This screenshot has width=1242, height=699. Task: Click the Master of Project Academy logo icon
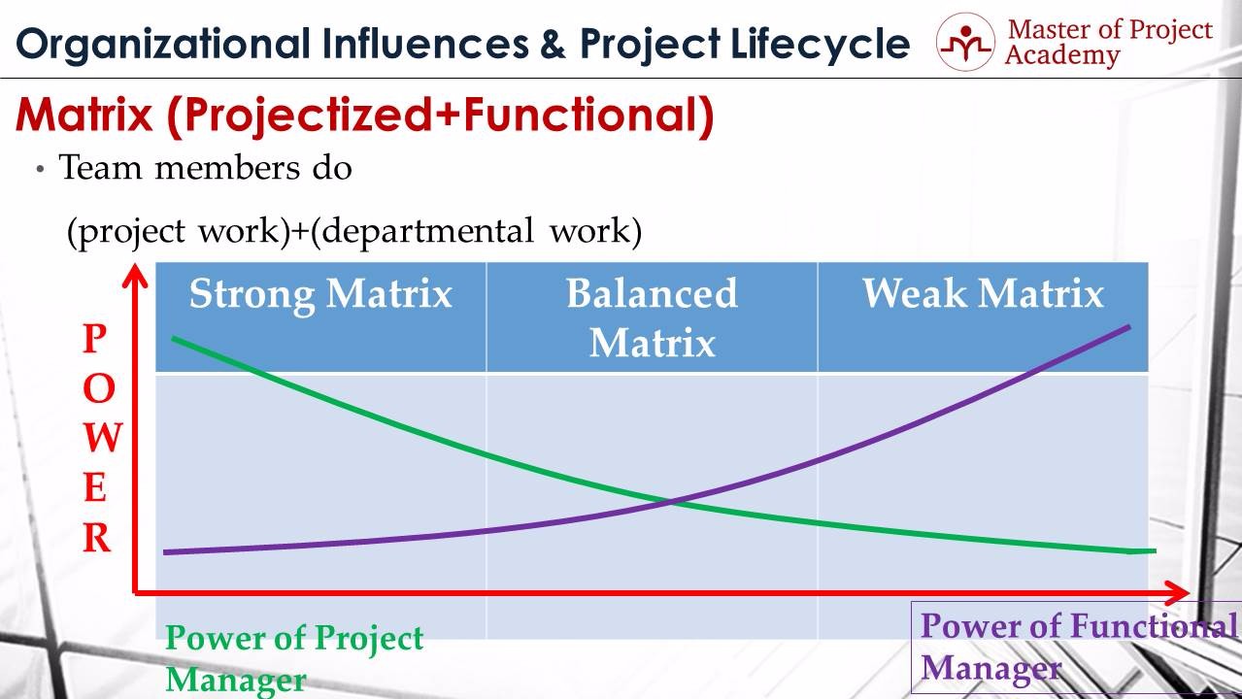(965, 42)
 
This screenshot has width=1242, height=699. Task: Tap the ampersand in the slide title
(552, 44)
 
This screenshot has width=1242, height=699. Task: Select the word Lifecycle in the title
(820, 46)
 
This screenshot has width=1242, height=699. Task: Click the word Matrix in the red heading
(84, 115)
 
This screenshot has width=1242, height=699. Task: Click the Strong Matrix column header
(320, 294)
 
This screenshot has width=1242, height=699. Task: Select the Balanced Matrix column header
(652, 317)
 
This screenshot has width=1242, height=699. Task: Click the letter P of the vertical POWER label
(95, 338)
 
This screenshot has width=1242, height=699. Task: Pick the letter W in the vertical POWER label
(103, 438)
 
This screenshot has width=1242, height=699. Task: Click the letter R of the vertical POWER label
(96, 538)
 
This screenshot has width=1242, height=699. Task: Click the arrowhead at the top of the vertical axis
(135, 276)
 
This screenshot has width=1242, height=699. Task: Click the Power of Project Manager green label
(294, 658)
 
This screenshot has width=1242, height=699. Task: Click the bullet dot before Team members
(40, 169)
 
